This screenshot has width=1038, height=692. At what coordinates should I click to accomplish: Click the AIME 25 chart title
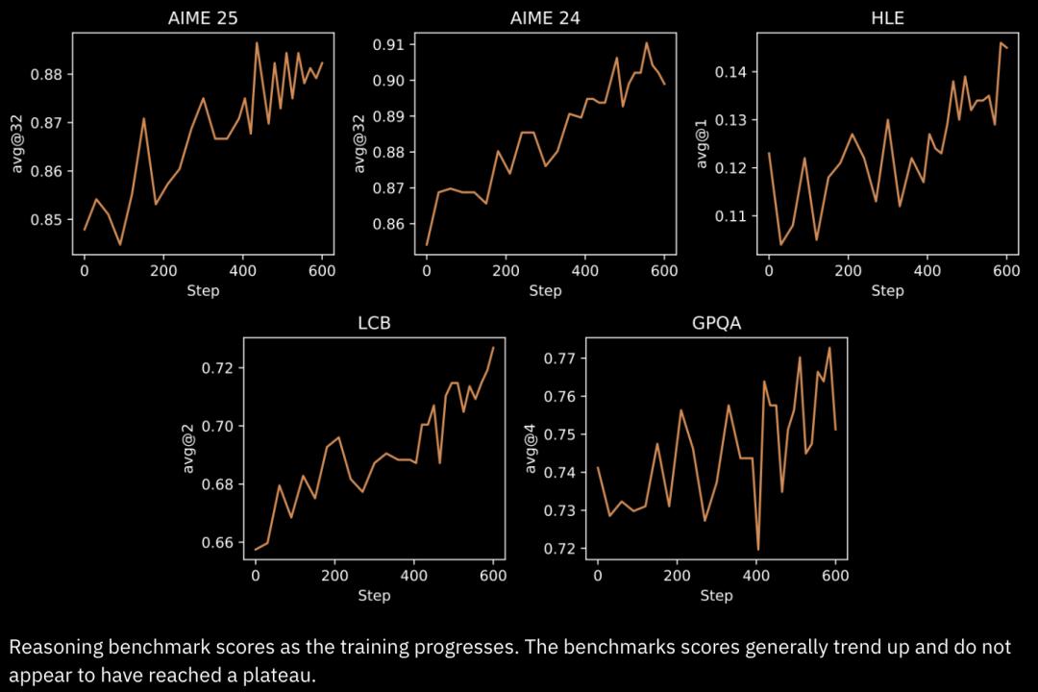tap(203, 18)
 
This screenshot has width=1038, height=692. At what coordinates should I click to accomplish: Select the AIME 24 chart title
tap(545, 18)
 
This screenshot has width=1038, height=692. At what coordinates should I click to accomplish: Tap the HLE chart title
tap(887, 18)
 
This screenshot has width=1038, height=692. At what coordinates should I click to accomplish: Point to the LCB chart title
tap(374, 323)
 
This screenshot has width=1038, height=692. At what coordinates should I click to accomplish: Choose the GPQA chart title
tap(716, 323)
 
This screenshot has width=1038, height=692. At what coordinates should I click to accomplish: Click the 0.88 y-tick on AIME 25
tap(47, 75)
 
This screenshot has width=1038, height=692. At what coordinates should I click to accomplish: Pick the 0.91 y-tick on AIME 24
tap(389, 44)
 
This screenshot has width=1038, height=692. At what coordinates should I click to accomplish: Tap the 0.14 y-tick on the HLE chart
tap(731, 72)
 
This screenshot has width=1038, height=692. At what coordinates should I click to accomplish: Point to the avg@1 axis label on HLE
tap(703, 143)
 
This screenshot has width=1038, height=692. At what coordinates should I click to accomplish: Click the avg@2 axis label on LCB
tap(189, 448)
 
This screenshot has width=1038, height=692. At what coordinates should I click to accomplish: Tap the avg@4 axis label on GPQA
tap(531, 448)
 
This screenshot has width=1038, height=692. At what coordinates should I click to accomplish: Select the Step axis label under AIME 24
tap(545, 290)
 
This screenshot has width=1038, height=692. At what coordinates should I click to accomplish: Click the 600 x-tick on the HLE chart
tap(1006, 271)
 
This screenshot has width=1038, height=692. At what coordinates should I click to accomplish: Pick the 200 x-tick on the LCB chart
tap(334, 576)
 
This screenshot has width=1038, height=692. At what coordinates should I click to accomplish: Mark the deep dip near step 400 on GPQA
tap(758, 549)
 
